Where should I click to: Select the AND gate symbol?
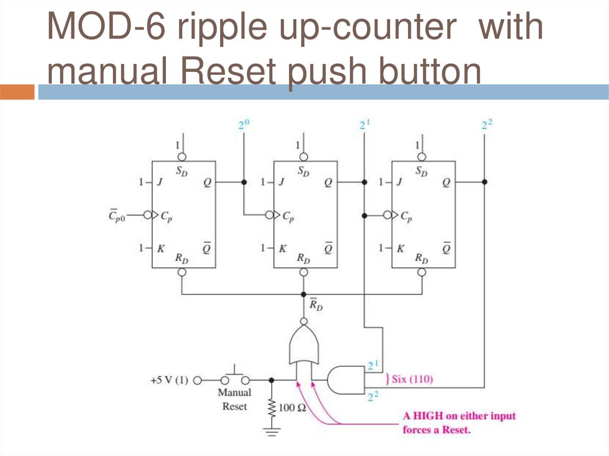[346, 379]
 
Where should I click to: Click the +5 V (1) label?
[168, 379]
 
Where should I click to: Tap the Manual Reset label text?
[234, 400]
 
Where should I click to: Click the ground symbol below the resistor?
[272, 431]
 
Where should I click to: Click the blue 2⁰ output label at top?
[243, 125]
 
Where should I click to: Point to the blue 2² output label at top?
[487, 125]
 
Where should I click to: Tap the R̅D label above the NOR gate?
[315, 306]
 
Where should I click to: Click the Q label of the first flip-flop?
[206, 183]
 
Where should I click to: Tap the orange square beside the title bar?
[18, 92]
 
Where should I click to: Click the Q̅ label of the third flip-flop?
[447, 248]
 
